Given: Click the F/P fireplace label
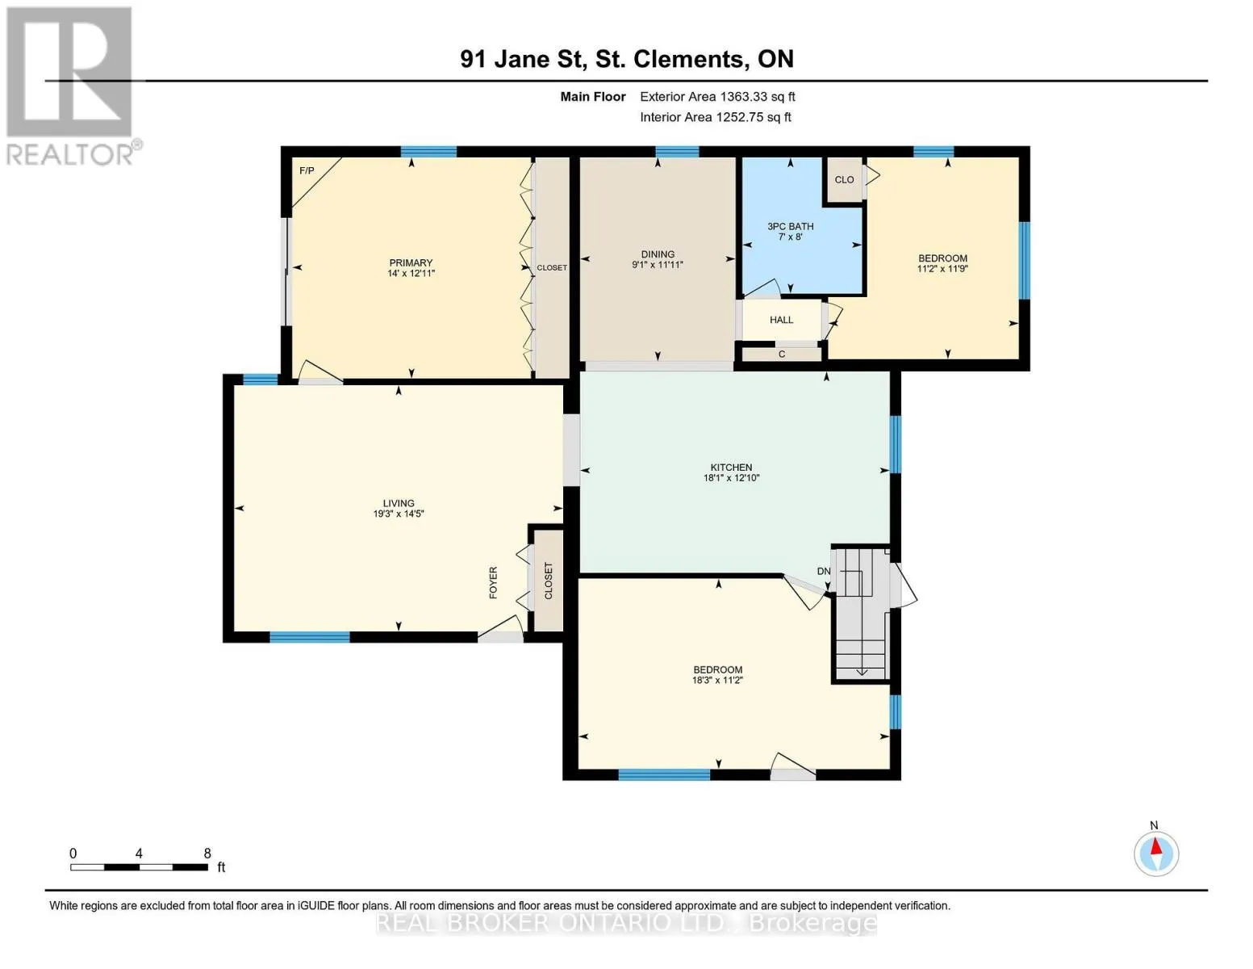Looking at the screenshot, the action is (x=306, y=171).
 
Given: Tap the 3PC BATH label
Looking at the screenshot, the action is (x=790, y=226).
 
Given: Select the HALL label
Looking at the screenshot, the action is (x=781, y=320).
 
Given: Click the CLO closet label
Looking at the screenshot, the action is (x=844, y=179).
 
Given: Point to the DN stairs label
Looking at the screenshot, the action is (x=824, y=572).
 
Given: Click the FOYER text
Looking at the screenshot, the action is (x=493, y=582).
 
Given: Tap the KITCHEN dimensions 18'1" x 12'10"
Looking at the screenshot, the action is (x=731, y=478).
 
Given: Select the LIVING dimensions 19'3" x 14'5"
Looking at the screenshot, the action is (x=399, y=514).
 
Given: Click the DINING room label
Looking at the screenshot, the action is (x=658, y=254).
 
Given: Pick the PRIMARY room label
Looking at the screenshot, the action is (x=411, y=262).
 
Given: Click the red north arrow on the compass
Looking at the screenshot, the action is (x=1155, y=846).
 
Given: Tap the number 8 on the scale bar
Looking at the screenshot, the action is (x=207, y=853).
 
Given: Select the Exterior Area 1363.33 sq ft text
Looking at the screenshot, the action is (x=717, y=97).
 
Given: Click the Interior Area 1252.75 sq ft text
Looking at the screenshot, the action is (x=715, y=117).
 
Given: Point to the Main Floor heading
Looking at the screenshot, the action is (x=593, y=97).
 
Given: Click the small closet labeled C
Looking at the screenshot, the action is (x=781, y=354).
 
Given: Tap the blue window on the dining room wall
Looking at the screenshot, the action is (x=677, y=152).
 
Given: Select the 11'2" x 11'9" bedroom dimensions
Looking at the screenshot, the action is (x=942, y=268).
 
